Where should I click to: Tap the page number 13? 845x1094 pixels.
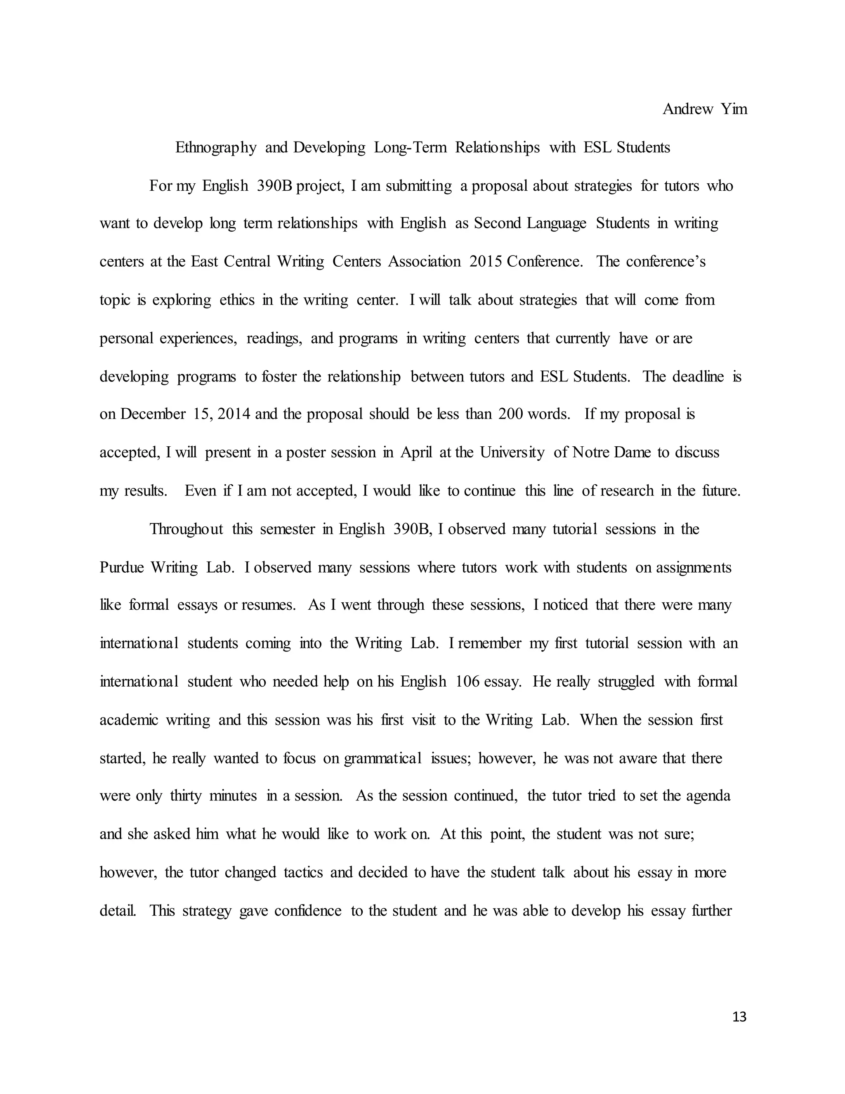click(739, 1016)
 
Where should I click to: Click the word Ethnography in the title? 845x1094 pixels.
click(216, 147)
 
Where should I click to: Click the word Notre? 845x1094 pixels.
click(591, 452)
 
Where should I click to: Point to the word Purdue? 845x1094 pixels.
click(122, 567)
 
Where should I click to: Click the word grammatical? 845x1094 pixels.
click(382, 758)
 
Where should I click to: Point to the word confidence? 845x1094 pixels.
click(308, 910)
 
